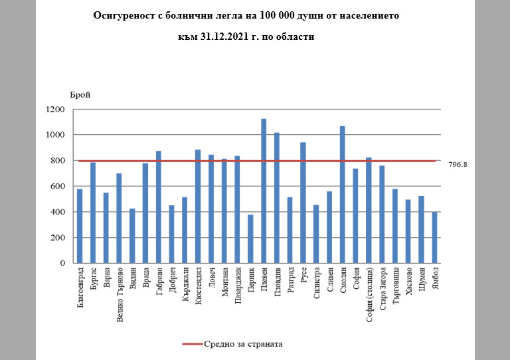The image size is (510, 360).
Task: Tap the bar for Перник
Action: pos(250,238)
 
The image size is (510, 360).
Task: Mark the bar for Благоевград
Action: pos(80,226)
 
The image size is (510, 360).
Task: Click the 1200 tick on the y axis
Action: pos(56,110)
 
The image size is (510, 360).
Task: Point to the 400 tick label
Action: pos(58,212)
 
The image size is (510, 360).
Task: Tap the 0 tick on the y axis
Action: pos(62,263)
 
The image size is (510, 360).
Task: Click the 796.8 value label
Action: pos(459,164)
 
